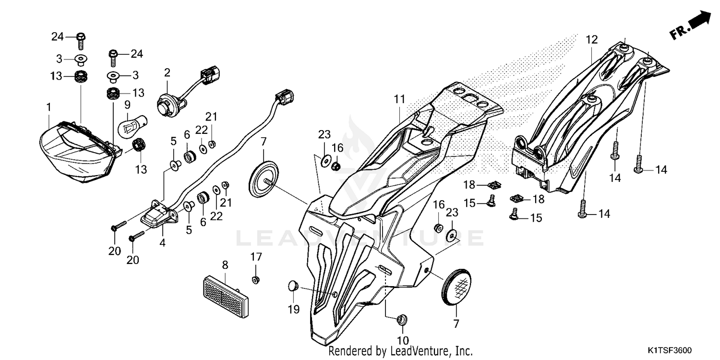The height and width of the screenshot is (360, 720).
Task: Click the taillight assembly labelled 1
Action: [77, 151]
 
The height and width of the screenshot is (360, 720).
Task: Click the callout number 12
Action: [591, 39]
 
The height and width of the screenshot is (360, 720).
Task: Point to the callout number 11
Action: [400, 99]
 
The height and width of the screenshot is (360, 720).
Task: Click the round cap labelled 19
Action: [292, 286]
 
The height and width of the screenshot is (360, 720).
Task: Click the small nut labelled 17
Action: [256, 279]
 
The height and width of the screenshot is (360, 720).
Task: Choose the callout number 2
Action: [167, 73]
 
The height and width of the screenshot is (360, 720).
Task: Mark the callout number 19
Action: [294, 310]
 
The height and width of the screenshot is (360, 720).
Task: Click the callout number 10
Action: [402, 340]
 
